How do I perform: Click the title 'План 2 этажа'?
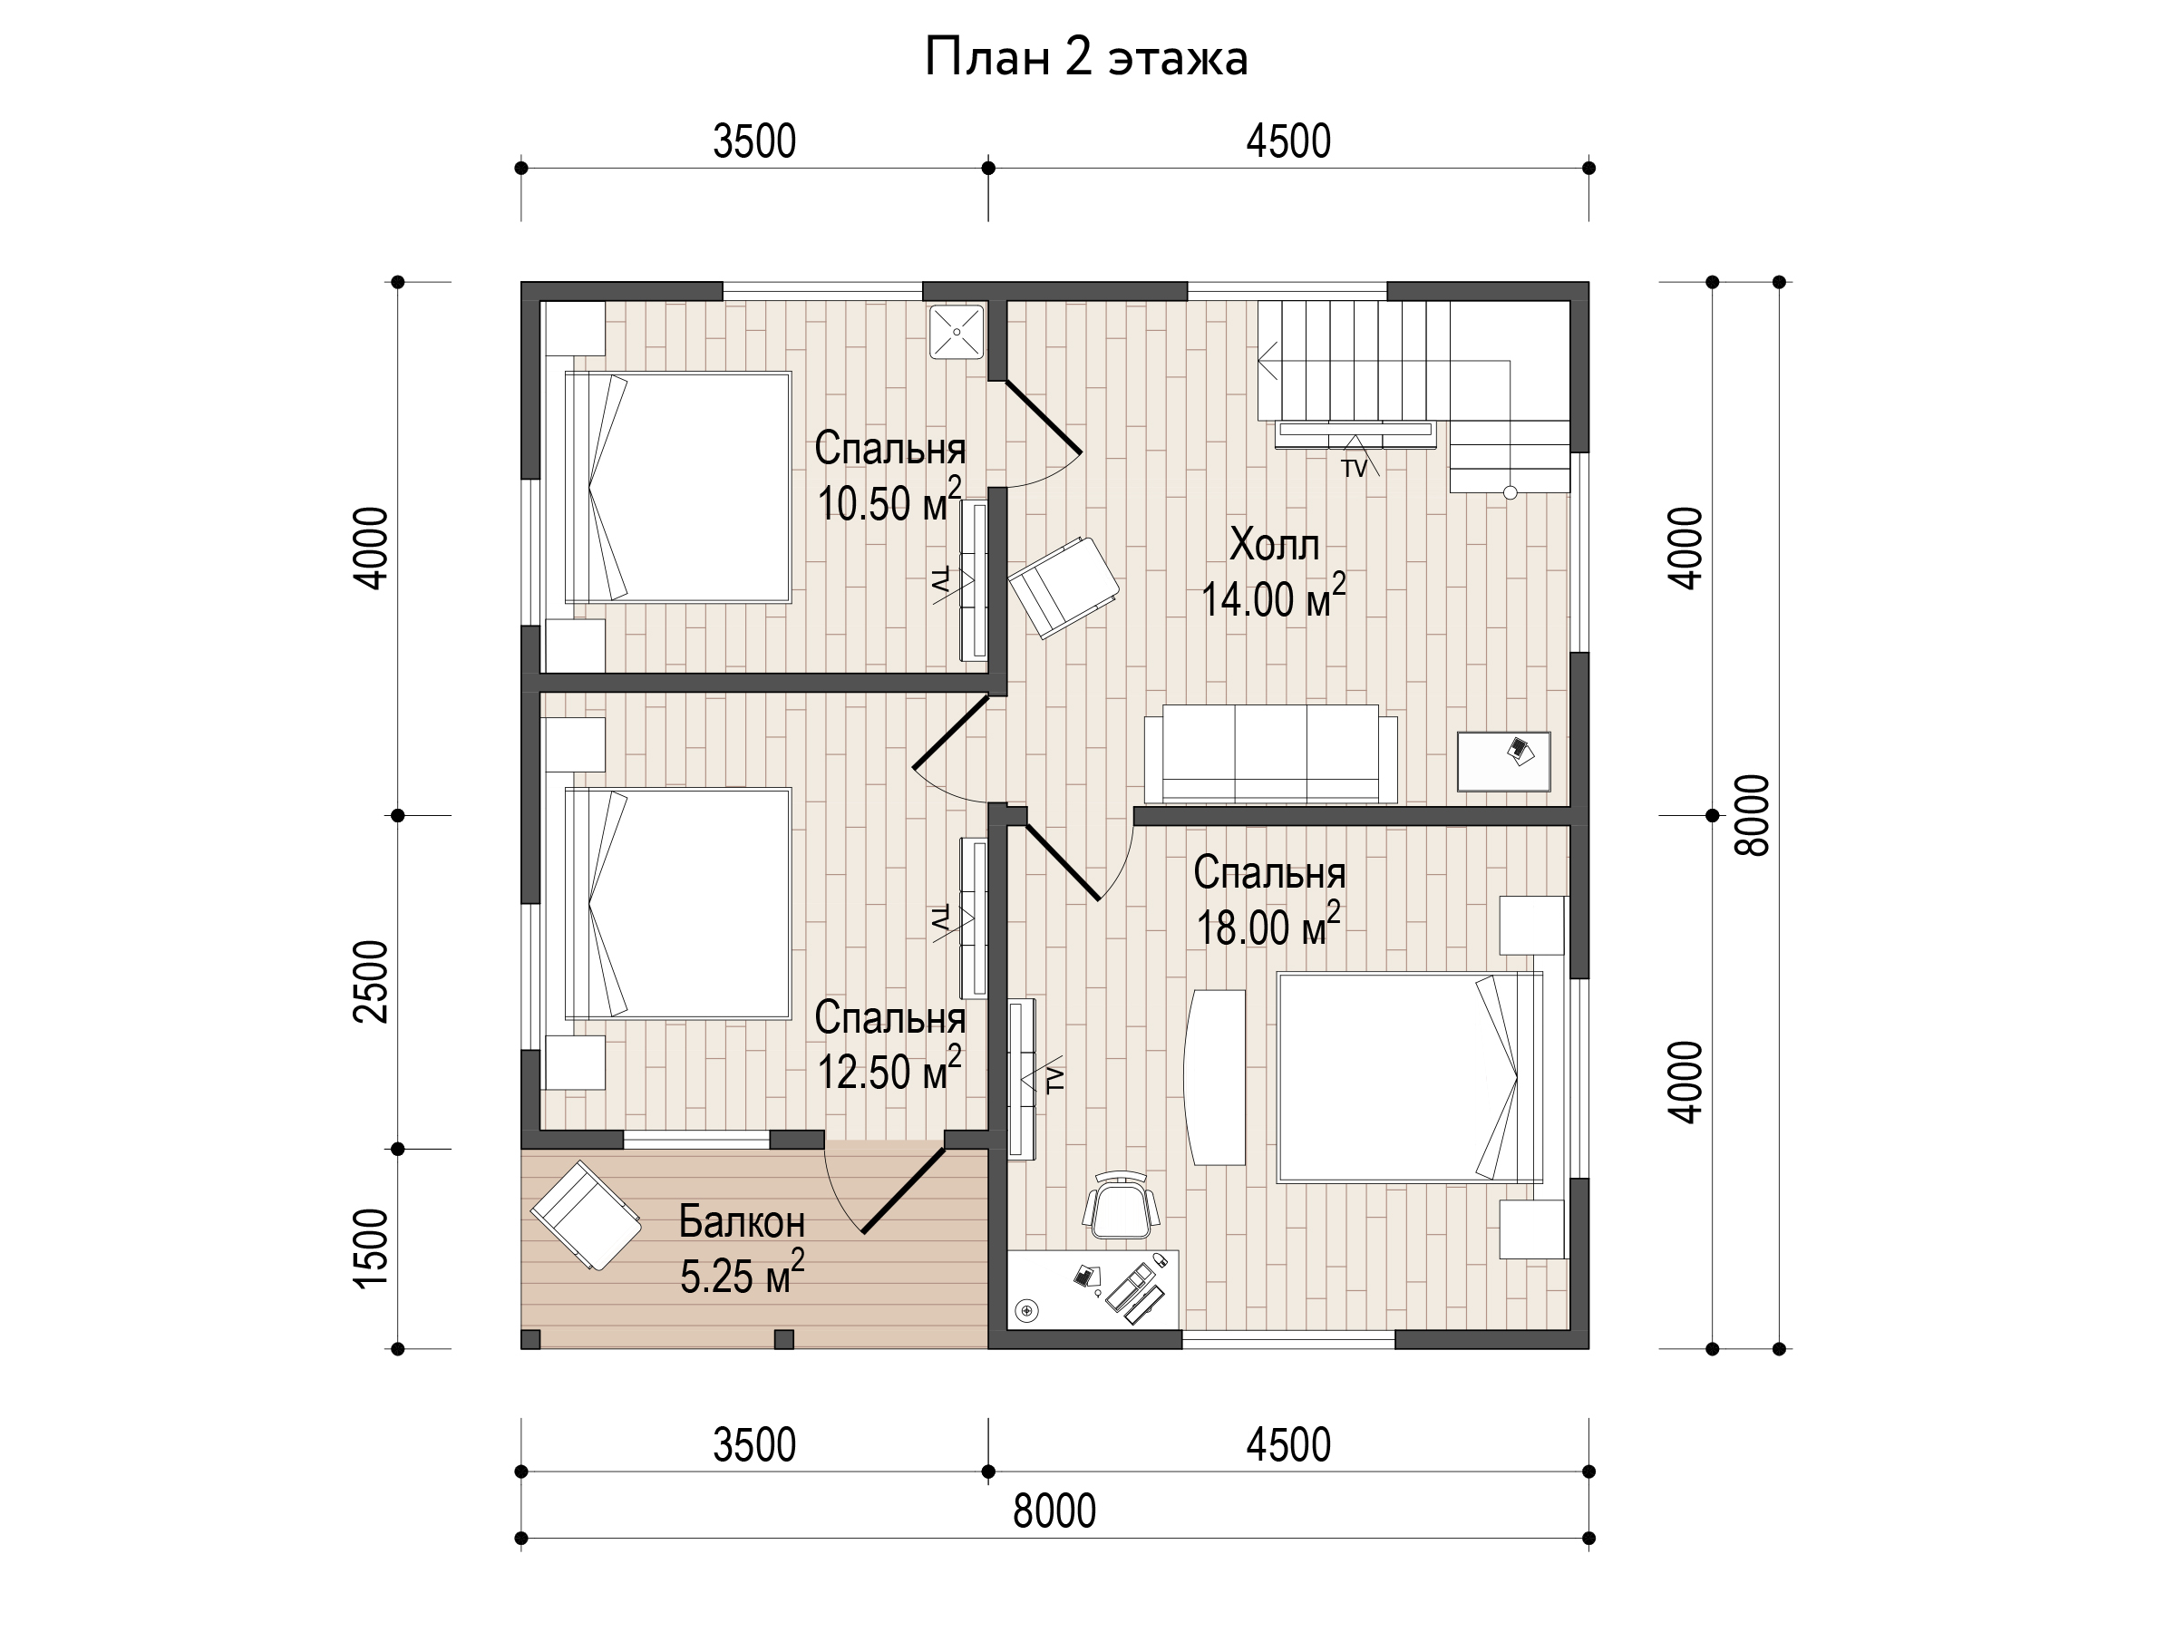tap(1086, 58)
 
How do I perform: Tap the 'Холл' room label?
tap(1274, 544)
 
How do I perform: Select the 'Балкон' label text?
tap(742, 1222)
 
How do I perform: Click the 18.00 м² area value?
tap(1268, 925)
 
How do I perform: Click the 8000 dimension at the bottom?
tap(1054, 1511)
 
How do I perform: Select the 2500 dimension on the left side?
tap(372, 982)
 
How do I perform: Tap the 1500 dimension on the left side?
tap(372, 1248)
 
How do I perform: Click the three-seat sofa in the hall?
tap(1270, 753)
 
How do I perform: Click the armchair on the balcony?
tap(587, 1216)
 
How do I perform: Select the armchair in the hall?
tap(1064, 588)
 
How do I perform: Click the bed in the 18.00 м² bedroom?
tap(1410, 1077)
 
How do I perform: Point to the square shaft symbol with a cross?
tap(957, 332)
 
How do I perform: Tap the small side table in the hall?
tap(1503, 762)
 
